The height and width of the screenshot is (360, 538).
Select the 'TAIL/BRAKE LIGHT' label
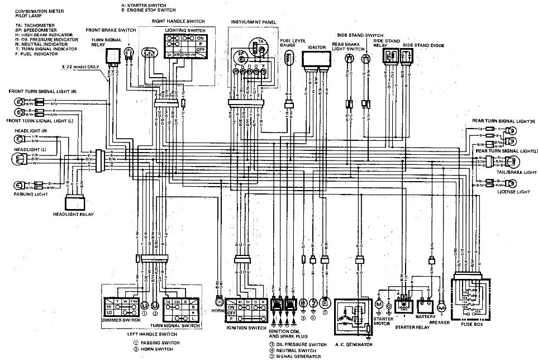pos(510,173)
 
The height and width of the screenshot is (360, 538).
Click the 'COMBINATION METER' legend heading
pos(39,12)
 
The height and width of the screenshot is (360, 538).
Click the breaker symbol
pos(441,307)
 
